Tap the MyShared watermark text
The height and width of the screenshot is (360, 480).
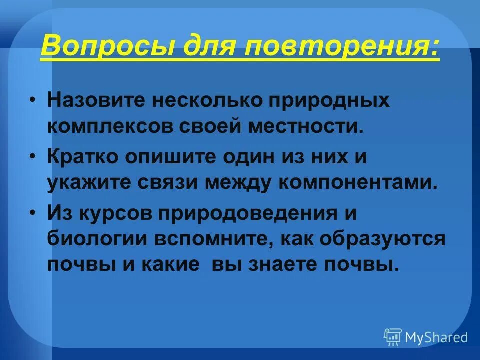(x=436, y=337)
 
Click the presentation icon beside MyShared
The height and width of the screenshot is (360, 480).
(x=393, y=337)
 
